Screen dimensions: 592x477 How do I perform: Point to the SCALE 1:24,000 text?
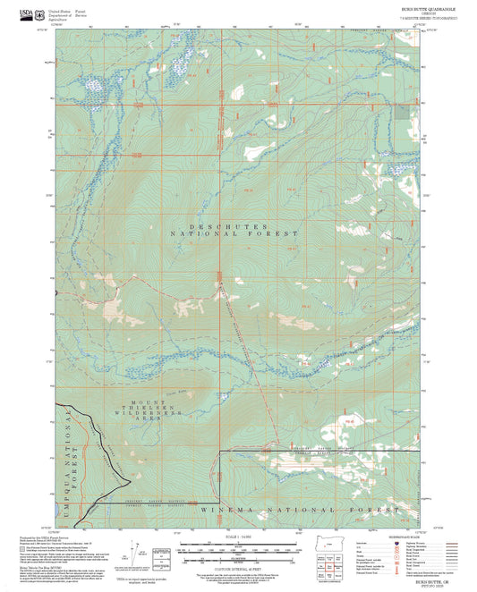[x=237, y=538]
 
